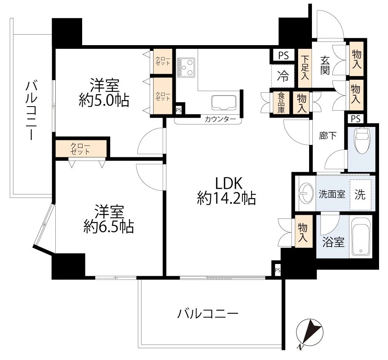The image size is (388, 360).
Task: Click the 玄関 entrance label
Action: [x=325, y=65]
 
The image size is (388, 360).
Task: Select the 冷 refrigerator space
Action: [x=282, y=76]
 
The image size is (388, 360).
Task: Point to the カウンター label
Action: [x=220, y=120]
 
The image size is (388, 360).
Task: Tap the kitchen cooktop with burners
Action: [x=187, y=67]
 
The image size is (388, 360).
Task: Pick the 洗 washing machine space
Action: [x=360, y=194]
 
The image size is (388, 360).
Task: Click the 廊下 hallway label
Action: [x=328, y=136]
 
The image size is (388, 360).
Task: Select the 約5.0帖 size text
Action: [x=104, y=100]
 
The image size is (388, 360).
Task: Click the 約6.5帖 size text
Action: [x=109, y=227]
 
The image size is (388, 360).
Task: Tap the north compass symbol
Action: [x=309, y=332]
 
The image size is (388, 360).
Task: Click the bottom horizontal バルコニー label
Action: [x=207, y=314]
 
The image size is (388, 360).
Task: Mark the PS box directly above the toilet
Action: [x=355, y=119]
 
